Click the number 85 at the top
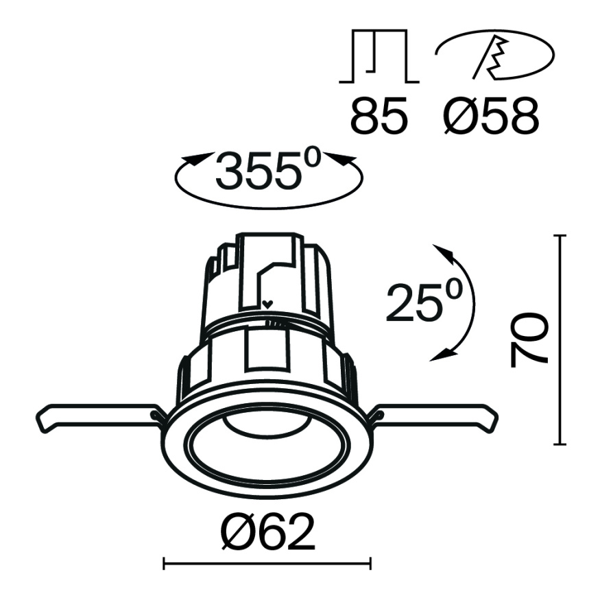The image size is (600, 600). (x=379, y=117)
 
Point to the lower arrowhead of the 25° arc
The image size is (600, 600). (x=447, y=354)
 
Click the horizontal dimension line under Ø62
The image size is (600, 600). (x=267, y=564)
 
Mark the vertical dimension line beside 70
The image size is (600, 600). (x=562, y=339)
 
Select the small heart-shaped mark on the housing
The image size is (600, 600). (x=267, y=303)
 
